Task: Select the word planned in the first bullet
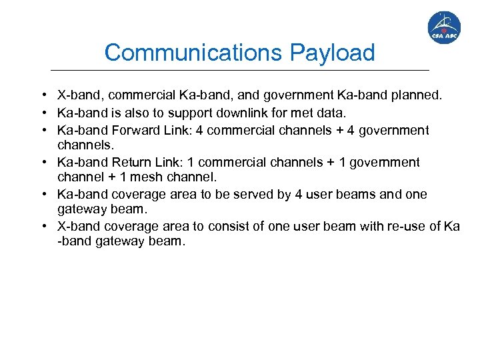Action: tap(416, 95)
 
